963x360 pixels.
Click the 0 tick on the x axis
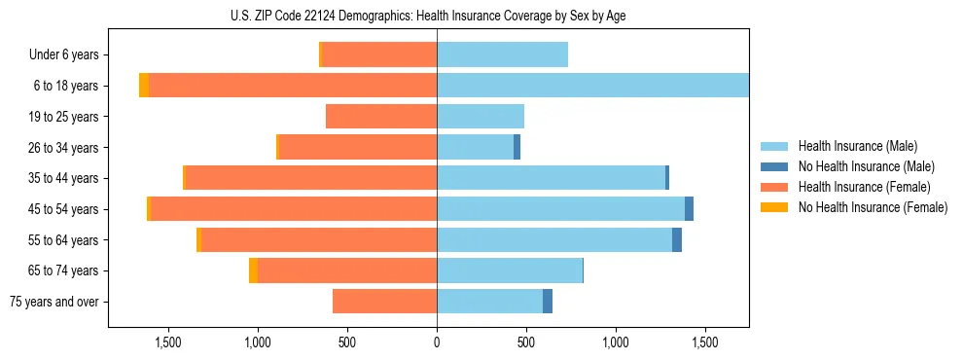pos(437,343)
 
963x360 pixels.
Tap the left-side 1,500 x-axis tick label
pos(168,343)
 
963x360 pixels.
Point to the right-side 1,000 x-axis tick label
pos(616,343)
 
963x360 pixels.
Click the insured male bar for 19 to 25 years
pos(481,117)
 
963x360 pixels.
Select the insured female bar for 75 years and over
pos(384,302)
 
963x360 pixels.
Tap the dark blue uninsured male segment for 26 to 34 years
pos(517,148)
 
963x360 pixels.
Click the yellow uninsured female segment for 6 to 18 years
pos(144,86)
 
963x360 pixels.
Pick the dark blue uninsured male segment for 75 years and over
pos(548,302)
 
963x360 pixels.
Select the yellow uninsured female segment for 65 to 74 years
pos(253,270)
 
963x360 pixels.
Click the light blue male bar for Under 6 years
pos(502,55)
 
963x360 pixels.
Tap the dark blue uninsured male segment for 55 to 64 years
pos(677,240)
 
